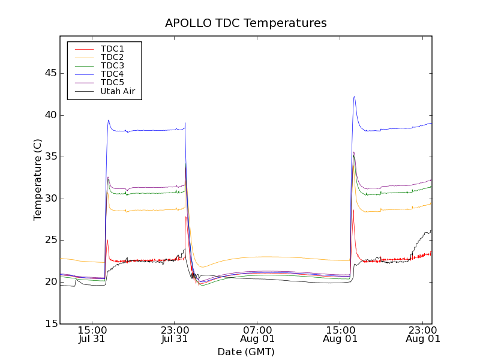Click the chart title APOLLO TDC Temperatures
[246, 23]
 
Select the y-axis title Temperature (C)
[38, 180]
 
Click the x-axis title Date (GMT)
[246, 352]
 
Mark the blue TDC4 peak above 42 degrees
[355, 97]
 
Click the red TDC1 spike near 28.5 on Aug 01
[353, 211]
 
